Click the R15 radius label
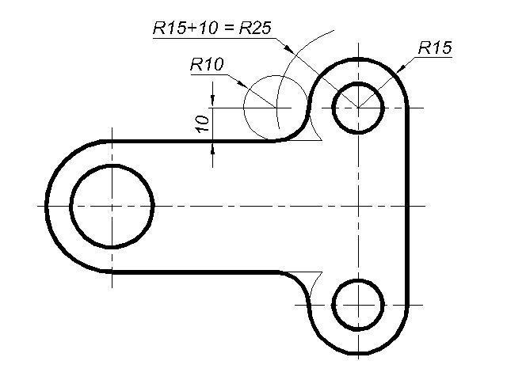pos(434,48)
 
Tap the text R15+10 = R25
pos(212,28)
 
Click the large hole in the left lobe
pos(112,206)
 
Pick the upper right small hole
pos(358,107)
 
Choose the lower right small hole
pos(358,304)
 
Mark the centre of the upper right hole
pos(358,107)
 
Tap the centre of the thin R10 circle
pos(276,107)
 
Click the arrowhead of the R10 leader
pos(269,102)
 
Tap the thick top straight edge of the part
pos(190,141)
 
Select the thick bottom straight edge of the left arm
pos(190,272)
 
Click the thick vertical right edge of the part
pos(410,206)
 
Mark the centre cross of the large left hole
pos(112,206)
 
